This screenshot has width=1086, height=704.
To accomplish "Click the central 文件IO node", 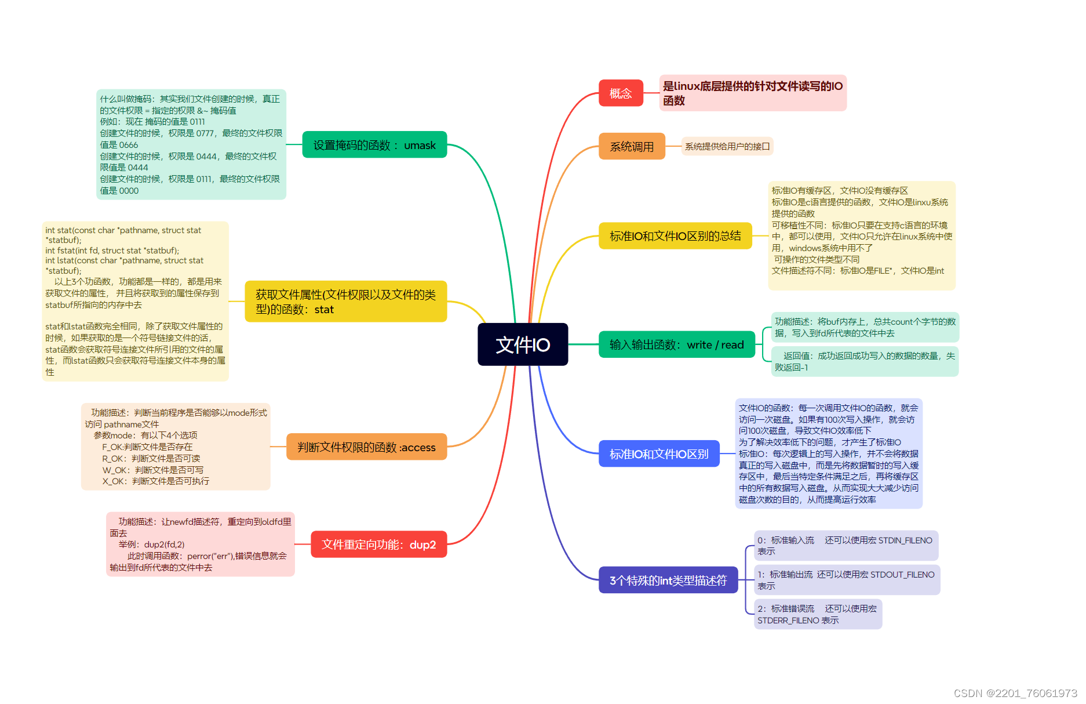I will [x=523, y=344].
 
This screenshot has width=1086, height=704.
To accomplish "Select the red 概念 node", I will [x=621, y=93].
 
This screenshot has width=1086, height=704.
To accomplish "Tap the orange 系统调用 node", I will [x=632, y=147].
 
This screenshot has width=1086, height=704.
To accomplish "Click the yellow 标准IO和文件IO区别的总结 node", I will [x=675, y=236].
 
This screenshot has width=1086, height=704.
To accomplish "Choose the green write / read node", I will [x=676, y=344].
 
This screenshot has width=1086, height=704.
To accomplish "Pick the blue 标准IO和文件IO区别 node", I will [x=659, y=454].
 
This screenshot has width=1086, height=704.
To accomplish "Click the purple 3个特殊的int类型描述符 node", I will [x=668, y=580].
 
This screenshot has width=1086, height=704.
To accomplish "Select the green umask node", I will [x=374, y=145].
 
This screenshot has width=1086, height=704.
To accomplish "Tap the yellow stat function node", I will [x=345, y=302].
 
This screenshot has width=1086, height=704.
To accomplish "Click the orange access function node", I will [x=366, y=447].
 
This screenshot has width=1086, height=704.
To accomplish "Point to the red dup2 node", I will [x=378, y=545].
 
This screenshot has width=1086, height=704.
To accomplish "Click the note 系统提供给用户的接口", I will [x=727, y=147].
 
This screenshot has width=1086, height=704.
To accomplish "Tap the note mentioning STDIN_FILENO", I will [x=846, y=546].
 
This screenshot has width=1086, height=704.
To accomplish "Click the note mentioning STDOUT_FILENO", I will [x=846, y=580].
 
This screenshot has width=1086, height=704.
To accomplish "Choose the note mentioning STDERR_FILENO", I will [x=817, y=614].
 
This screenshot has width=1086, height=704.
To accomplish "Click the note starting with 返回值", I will [x=865, y=361].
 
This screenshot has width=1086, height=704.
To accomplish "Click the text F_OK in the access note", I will [x=112, y=447].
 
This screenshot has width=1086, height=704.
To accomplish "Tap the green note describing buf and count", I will [x=865, y=327].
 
